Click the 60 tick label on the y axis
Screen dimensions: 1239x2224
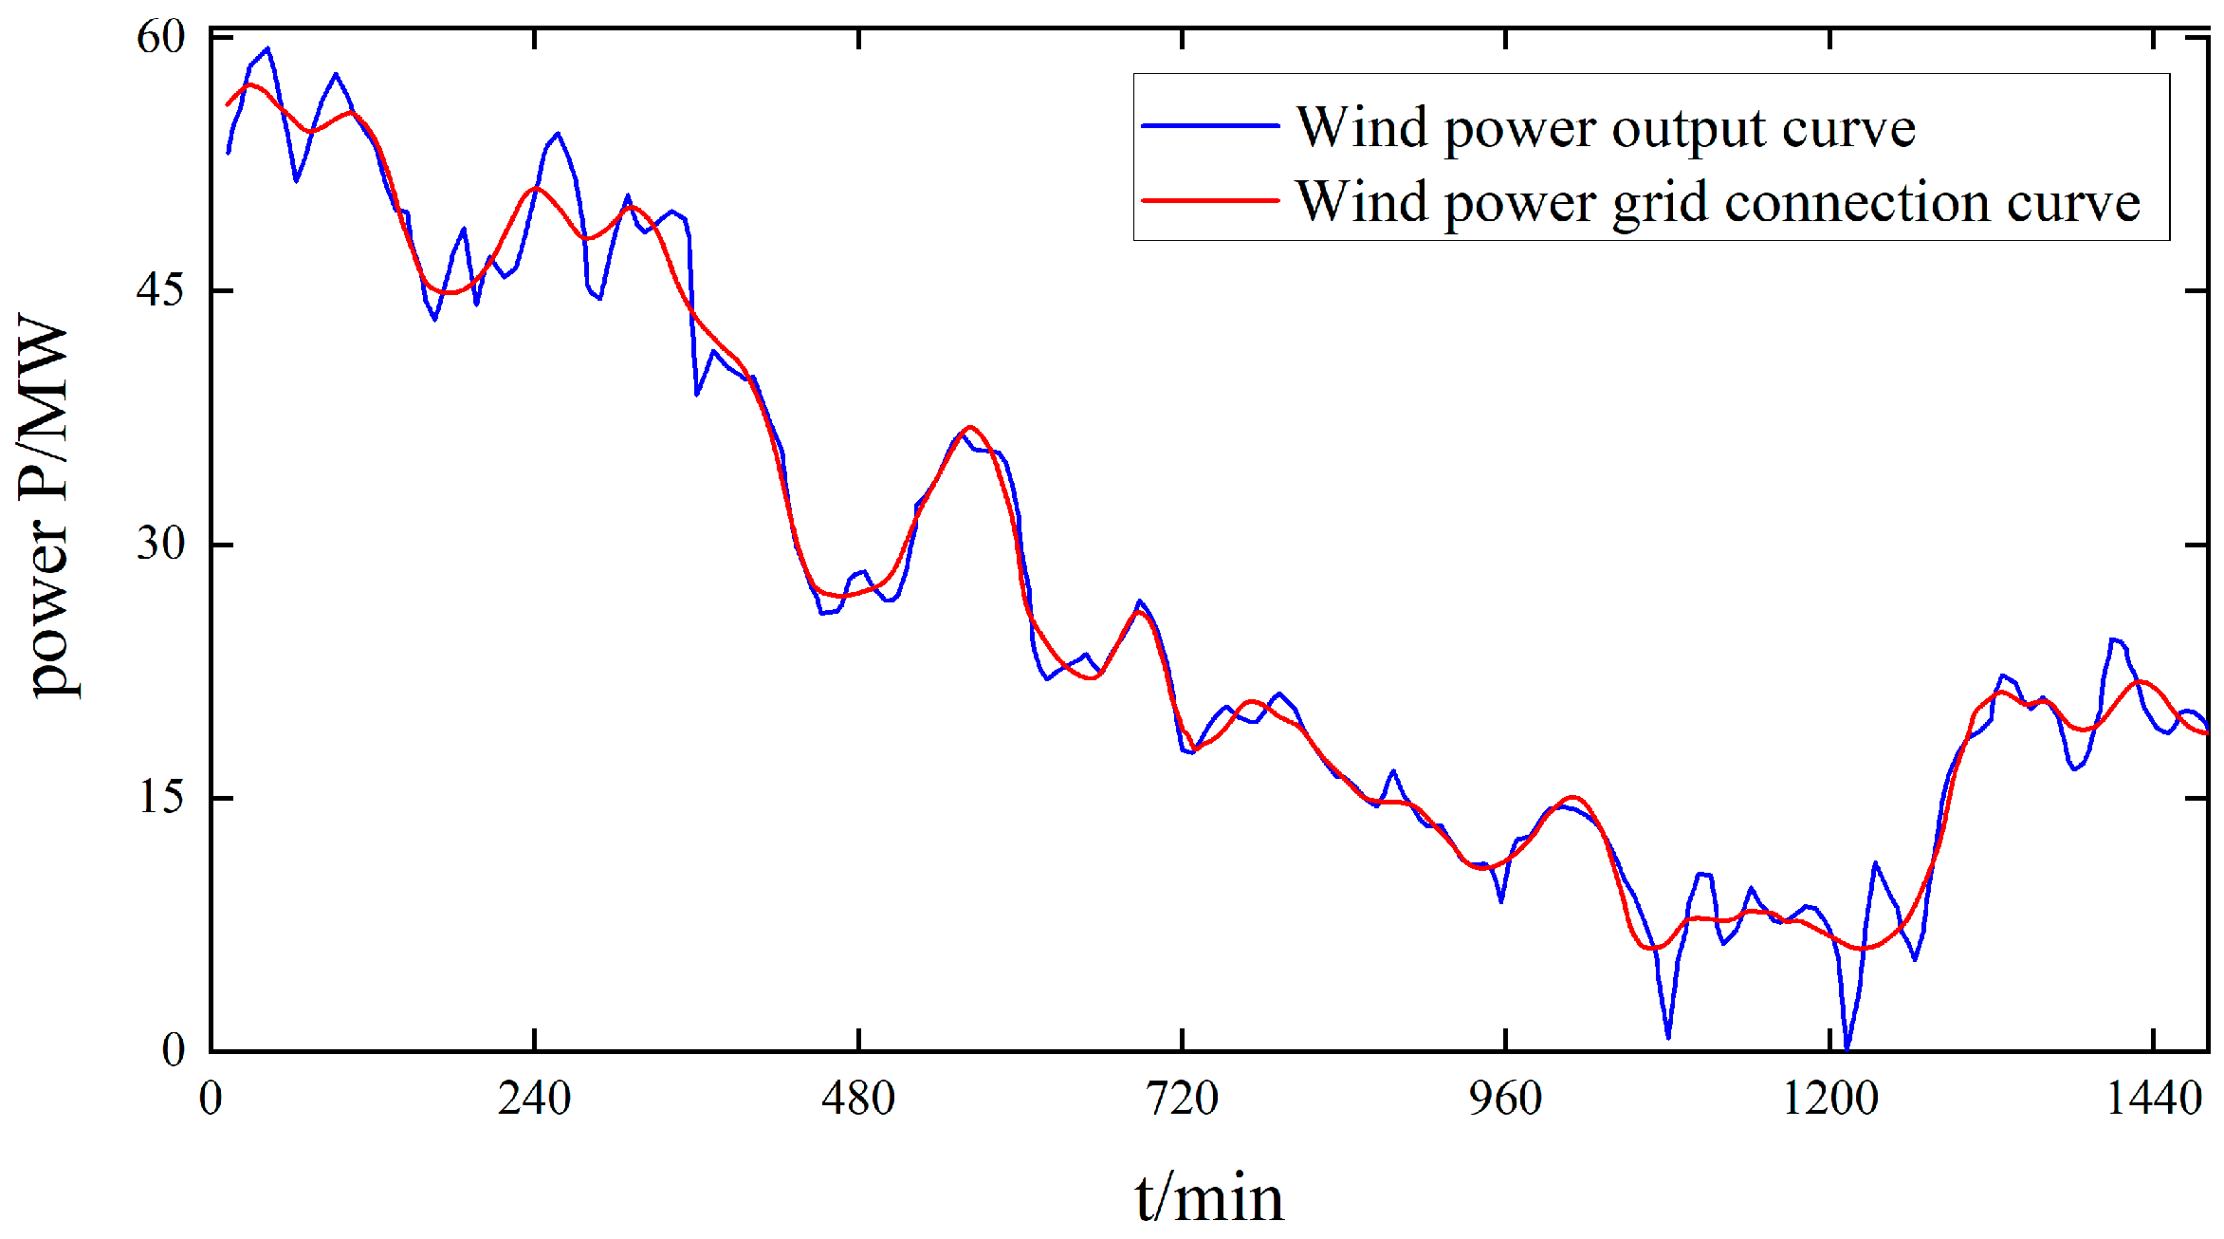[x=160, y=38]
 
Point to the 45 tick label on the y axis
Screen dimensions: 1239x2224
[x=160, y=290]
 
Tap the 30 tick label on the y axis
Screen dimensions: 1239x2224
[x=160, y=544]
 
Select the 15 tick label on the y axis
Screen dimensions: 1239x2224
[x=160, y=797]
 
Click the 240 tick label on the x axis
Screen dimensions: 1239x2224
[x=534, y=1099]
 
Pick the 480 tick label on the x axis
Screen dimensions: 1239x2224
[x=857, y=1099]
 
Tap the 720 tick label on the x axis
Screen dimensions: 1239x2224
[x=1182, y=1099]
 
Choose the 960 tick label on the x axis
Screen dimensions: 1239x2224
[x=1505, y=1099]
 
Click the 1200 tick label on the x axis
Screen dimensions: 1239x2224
[x=1829, y=1099]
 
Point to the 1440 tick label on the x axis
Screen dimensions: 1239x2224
[x=2153, y=1099]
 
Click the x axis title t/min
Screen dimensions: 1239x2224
[x=1209, y=1198]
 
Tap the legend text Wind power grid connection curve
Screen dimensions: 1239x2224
[x=1718, y=202]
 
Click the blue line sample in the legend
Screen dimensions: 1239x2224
[x=1210, y=125]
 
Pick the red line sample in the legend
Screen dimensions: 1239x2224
[x=1210, y=200]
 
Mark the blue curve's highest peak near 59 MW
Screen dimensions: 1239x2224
[x=268, y=48]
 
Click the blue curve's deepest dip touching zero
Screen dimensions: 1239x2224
[x=1846, y=1048]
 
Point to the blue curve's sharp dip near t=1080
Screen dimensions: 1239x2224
[x=1667, y=1036]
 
